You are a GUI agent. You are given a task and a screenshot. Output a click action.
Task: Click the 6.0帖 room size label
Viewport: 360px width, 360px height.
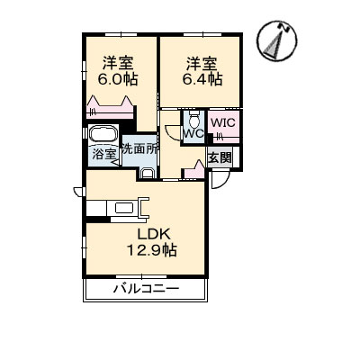pyautogui.click(x=117, y=79)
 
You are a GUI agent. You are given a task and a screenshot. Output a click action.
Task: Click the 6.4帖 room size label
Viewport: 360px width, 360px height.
pyautogui.click(x=202, y=79)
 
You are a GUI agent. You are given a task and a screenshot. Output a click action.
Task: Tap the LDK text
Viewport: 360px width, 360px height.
pyautogui.click(x=154, y=234)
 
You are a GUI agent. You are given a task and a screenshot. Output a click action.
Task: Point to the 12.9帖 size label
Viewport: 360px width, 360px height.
pyautogui.click(x=152, y=250)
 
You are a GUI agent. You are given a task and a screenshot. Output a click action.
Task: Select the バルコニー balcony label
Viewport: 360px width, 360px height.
pyautogui.click(x=146, y=289)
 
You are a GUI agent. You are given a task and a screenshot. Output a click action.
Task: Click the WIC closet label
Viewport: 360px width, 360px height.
pyautogui.click(x=223, y=123)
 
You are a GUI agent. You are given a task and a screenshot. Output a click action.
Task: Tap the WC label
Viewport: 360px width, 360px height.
pyautogui.click(x=193, y=133)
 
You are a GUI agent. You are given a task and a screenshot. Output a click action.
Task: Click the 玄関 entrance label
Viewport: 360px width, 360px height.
pyautogui.click(x=220, y=157)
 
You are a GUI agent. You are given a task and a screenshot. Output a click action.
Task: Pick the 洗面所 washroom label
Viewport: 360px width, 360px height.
pyautogui.click(x=139, y=149)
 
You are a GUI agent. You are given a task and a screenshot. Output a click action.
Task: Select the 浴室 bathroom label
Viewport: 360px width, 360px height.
pyautogui.click(x=103, y=154)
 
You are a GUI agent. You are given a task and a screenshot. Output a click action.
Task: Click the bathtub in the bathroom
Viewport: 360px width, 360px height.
pyautogui.click(x=103, y=134)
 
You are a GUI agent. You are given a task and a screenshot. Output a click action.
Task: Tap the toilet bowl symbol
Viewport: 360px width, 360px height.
pyautogui.click(x=194, y=120)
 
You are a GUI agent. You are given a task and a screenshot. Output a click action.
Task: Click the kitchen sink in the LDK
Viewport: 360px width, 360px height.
pyautogui.click(x=124, y=208)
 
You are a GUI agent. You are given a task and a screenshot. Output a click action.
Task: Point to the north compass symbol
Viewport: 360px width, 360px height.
pyautogui.click(x=276, y=40)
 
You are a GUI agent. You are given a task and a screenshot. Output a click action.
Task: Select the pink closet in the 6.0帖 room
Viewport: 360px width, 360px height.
pyautogui.click(x=110, y=107)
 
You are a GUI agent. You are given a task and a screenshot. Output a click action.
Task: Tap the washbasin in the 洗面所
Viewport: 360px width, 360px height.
pyautogui.click(x=148, y=174)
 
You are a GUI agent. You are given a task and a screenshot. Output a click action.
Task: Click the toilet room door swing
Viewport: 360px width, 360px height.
pyautogui.click(x=173, y=132)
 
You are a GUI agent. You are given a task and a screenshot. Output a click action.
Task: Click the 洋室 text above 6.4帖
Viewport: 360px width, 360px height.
pyautogui.click(x=202, y=64)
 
